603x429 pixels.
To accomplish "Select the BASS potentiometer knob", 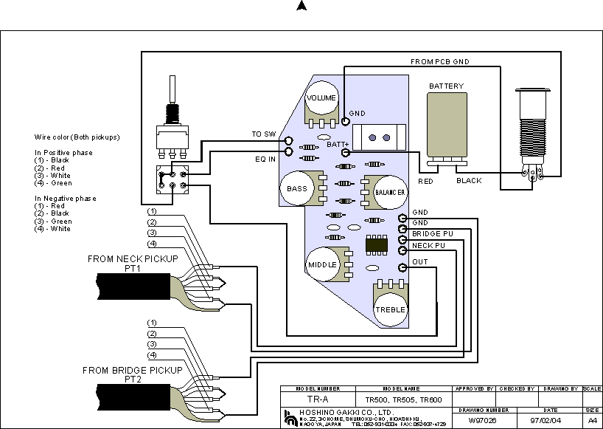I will (x=297, y=188).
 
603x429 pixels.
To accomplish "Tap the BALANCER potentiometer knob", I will (x=391, y=191).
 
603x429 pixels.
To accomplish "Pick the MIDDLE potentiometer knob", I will (x=322, y=264).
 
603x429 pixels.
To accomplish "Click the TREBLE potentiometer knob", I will (x=391, y=309).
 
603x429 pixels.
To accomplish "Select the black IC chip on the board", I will (x=377, y=244).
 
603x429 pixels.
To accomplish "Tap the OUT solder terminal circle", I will (x=402, y=268).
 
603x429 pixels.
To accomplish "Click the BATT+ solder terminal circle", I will (x=345, y=153).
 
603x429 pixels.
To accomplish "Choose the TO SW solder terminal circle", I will (x=289, y=140).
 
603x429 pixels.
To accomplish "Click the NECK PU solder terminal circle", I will (x=402, y=250).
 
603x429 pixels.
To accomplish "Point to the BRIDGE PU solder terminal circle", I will (x=402, y=239).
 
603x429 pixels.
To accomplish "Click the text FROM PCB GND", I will (x=440, y=62).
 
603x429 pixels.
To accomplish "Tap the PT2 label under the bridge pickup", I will (x=133, y=380).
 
